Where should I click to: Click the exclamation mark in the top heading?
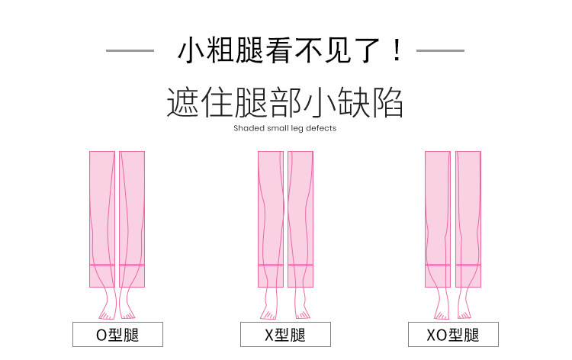click(x=397, y=50)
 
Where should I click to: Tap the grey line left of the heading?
click(x=130, y=50)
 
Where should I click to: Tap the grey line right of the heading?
click(x=440, y=50)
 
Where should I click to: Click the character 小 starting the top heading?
click(x=191, y=50)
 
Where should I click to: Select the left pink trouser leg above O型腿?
click(x=102, y=219)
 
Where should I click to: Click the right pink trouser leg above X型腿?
click(x=300, y=219)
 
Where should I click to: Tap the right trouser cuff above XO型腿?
click(x=468, y=276)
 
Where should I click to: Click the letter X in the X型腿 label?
click(x=269, y=335)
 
